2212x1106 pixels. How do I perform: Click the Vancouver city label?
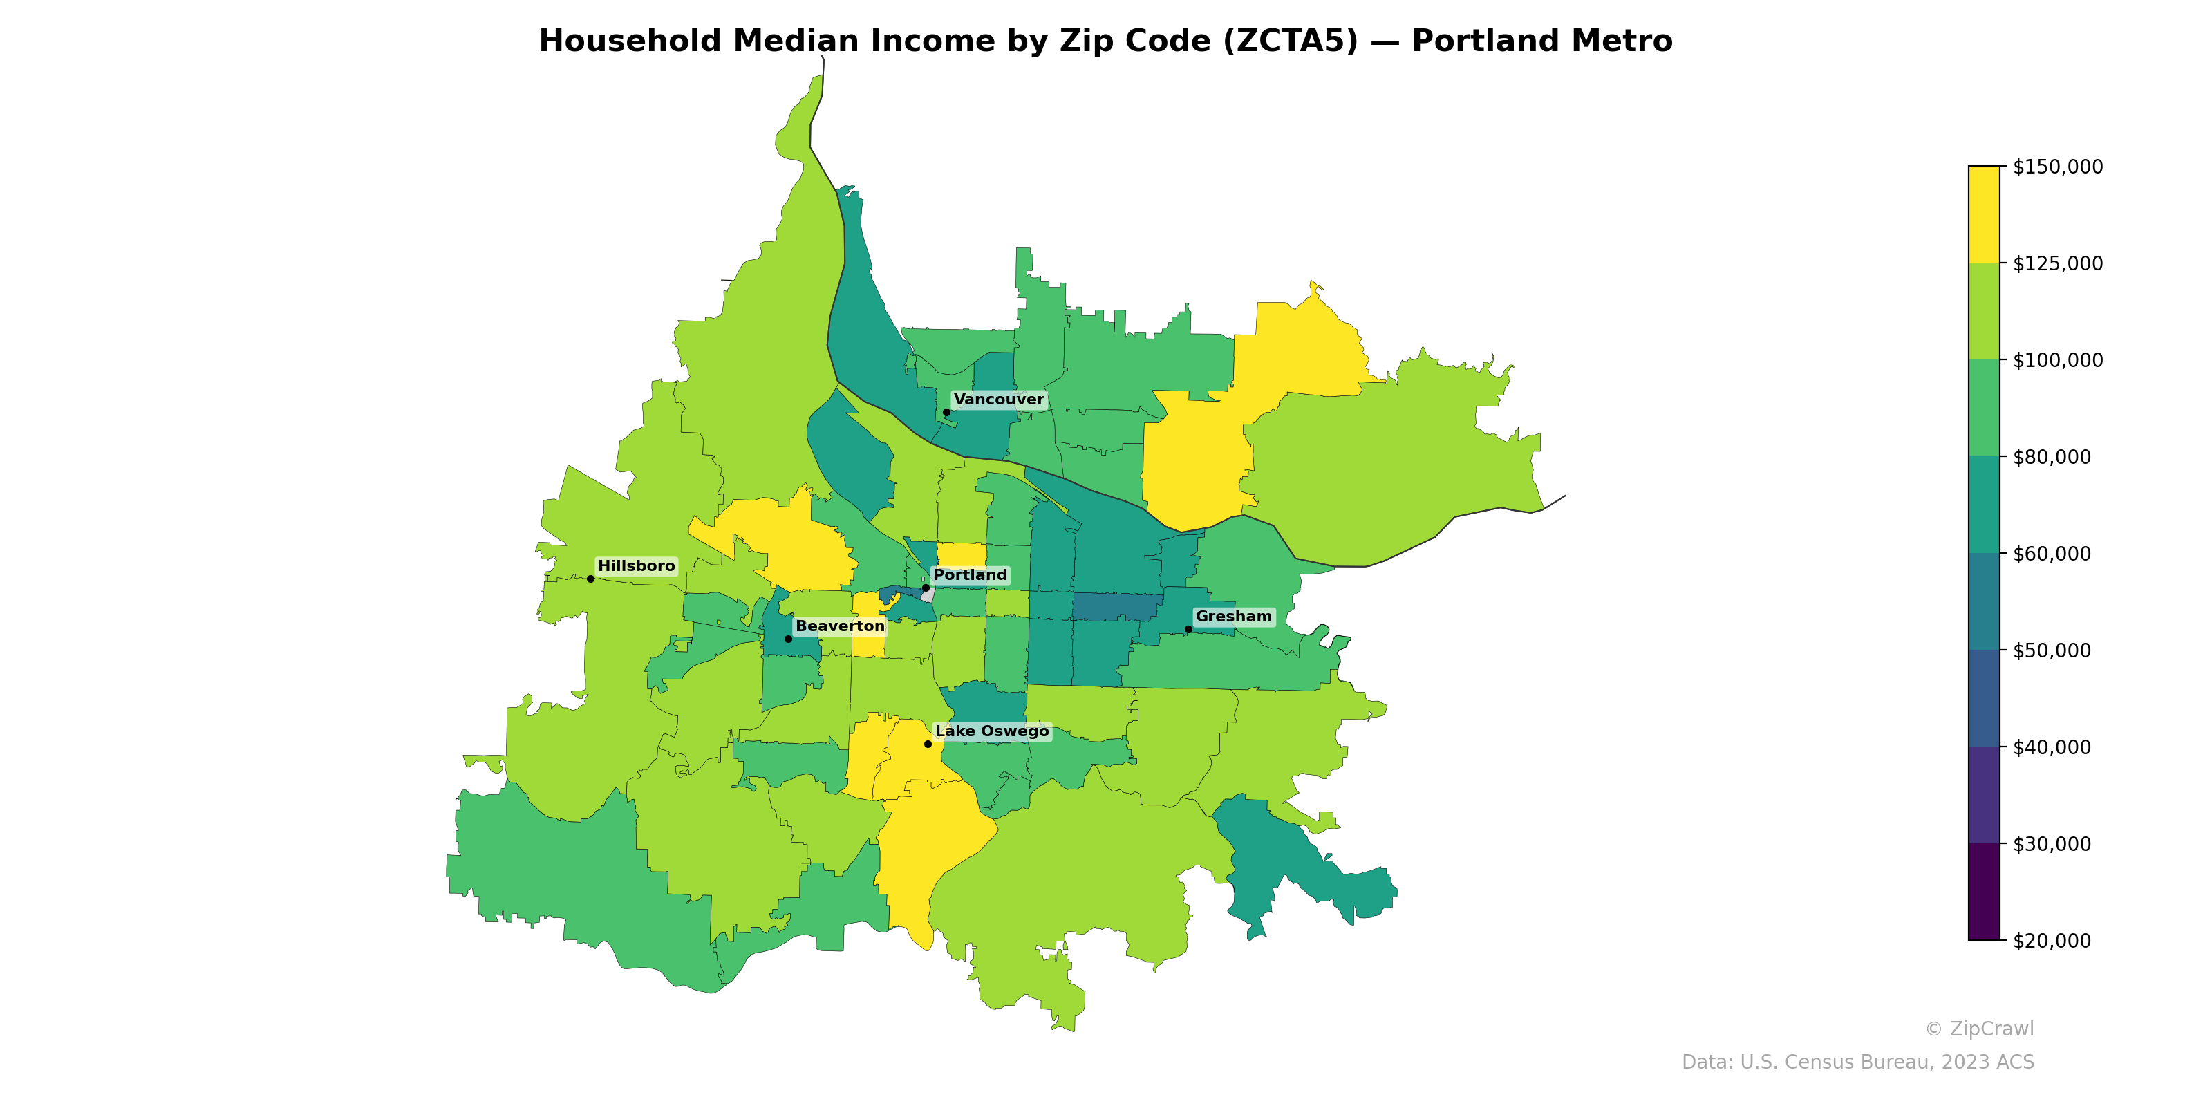coord(999,400)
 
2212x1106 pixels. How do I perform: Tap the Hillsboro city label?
coord(636,566)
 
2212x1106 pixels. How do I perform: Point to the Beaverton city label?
coord(840,626)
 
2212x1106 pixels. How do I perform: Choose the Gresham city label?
coord(1233,617)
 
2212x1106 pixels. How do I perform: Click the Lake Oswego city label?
coord(992,731)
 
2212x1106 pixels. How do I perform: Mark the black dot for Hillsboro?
coord(591,579)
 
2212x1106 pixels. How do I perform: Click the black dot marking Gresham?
coord(1188,630)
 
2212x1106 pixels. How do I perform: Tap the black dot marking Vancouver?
coord(946,412)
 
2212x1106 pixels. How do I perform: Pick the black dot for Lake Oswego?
coord(928,744)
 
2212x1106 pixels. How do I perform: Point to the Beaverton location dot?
coord(788,639)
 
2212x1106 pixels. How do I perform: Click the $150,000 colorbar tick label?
coord(2057,167)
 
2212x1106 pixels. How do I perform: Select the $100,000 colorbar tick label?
coord(2057,359)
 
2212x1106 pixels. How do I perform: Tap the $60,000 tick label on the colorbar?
coord(2052,554)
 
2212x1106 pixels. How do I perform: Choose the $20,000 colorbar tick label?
coord(2052,940)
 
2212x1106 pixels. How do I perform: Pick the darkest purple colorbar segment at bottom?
coord(1984,891)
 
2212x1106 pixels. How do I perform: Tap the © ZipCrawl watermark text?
coord(1978,1029)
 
